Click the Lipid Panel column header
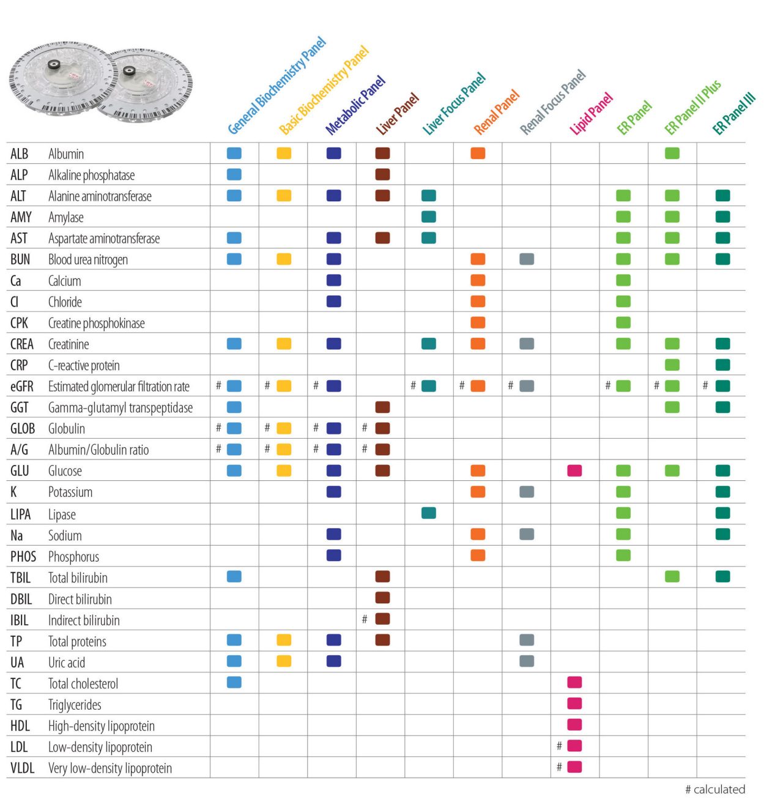591,114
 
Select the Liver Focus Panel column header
454,103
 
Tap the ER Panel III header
734,114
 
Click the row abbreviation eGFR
21,387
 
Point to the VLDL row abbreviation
22,768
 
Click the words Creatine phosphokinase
96,323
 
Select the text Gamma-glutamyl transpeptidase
120,407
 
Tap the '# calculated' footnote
714,789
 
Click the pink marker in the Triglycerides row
574,704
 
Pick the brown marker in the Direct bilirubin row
382,598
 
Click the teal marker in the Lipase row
429,513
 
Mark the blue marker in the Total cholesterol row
234,682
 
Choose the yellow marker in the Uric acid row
284,661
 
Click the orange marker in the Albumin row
478,153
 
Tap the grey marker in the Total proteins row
527,640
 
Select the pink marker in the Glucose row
574,470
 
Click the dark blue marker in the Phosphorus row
334,556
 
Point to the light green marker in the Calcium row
623,280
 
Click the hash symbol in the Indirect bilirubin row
365,619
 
